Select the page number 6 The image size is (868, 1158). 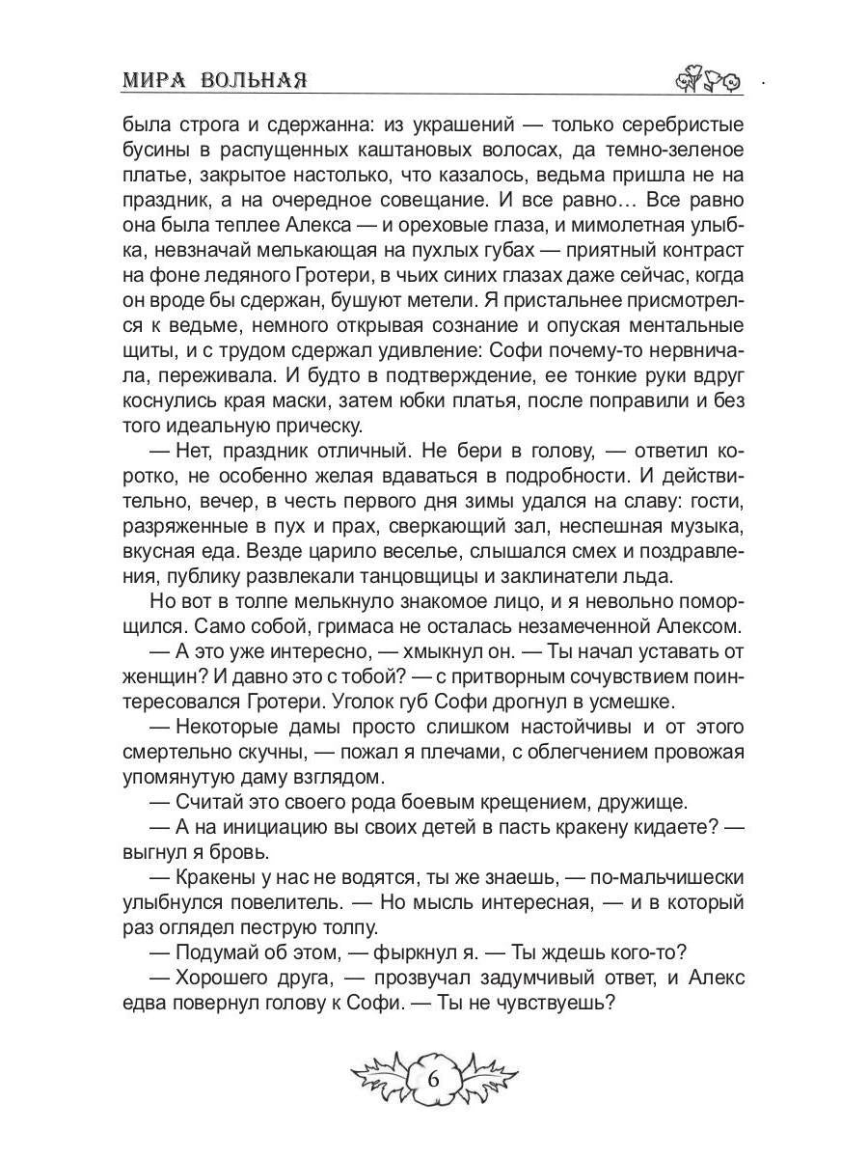(433, 1079)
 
